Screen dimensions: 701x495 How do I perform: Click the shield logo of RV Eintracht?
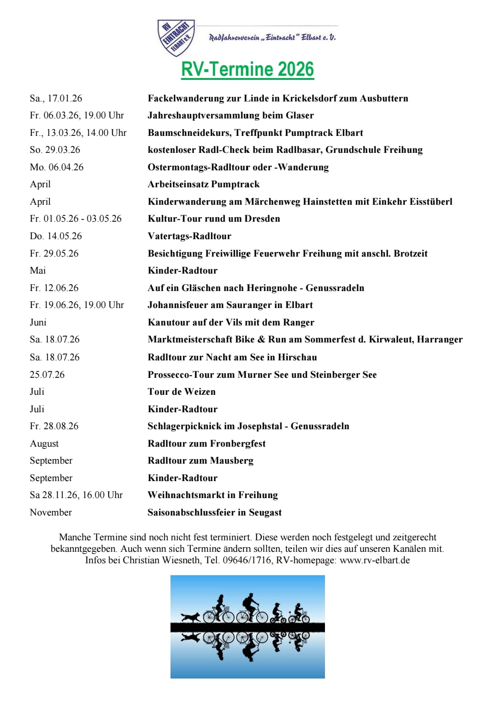coord(176,38)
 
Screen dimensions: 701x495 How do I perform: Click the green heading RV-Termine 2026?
coord(247,69)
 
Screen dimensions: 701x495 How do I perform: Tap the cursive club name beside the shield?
coord(272,37)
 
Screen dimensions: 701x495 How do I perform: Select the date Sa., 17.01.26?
coord(56,98)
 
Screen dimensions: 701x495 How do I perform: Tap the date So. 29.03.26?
coord(55,150)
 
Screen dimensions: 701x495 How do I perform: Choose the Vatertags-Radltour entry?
coord(189,236)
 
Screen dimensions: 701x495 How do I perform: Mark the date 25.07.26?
coord(47,375)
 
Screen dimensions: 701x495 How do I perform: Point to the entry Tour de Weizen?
coord(181,392)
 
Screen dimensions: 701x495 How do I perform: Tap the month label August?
coord(44,443)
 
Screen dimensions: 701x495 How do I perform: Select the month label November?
coord(51,512)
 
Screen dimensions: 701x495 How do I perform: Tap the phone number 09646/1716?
coord(247,560)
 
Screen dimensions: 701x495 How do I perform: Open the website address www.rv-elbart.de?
coord(374,560)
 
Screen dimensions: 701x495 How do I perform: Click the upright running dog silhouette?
coord(191,617)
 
